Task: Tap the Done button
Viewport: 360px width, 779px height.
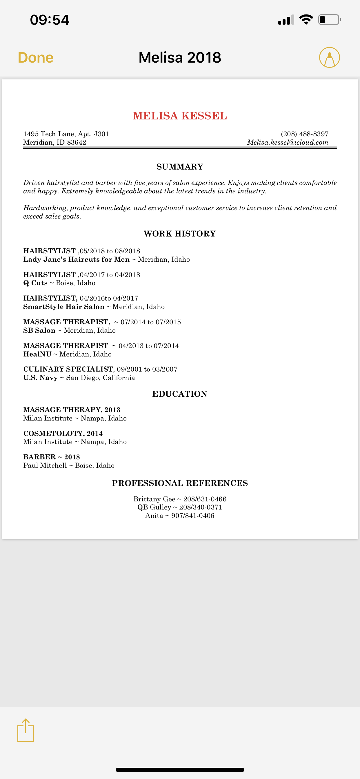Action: tap(36, 57)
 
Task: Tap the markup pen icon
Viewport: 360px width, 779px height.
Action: tap(329, 57)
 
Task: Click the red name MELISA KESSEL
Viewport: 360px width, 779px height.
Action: tap(180, 116)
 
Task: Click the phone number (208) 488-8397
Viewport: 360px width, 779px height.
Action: tap(304, 134)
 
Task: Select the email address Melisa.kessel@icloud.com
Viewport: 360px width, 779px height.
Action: tap(288, 142)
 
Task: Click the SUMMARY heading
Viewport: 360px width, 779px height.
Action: tap(180, 167)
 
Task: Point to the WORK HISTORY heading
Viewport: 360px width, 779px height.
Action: tap(180, 234)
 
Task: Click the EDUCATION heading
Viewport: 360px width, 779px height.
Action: tap(180, 394)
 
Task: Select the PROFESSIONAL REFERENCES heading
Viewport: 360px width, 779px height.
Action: tap(180, 483)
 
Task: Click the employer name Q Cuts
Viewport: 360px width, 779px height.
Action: tap(35, 283)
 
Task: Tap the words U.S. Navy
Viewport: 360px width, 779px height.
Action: tap(41, 378)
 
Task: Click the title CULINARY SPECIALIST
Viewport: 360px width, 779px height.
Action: tap(68, 369)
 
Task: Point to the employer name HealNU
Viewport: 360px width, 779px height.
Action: tap(37, 354)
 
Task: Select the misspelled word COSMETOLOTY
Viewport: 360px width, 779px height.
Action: tap(54, 434)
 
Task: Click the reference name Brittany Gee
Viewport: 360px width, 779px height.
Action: tap(154, 499)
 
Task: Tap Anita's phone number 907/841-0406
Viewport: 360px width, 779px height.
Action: tap(193, 516)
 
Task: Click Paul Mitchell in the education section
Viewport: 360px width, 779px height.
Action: tap(45, 465)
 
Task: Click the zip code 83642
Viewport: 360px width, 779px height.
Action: tap(77, 142)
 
